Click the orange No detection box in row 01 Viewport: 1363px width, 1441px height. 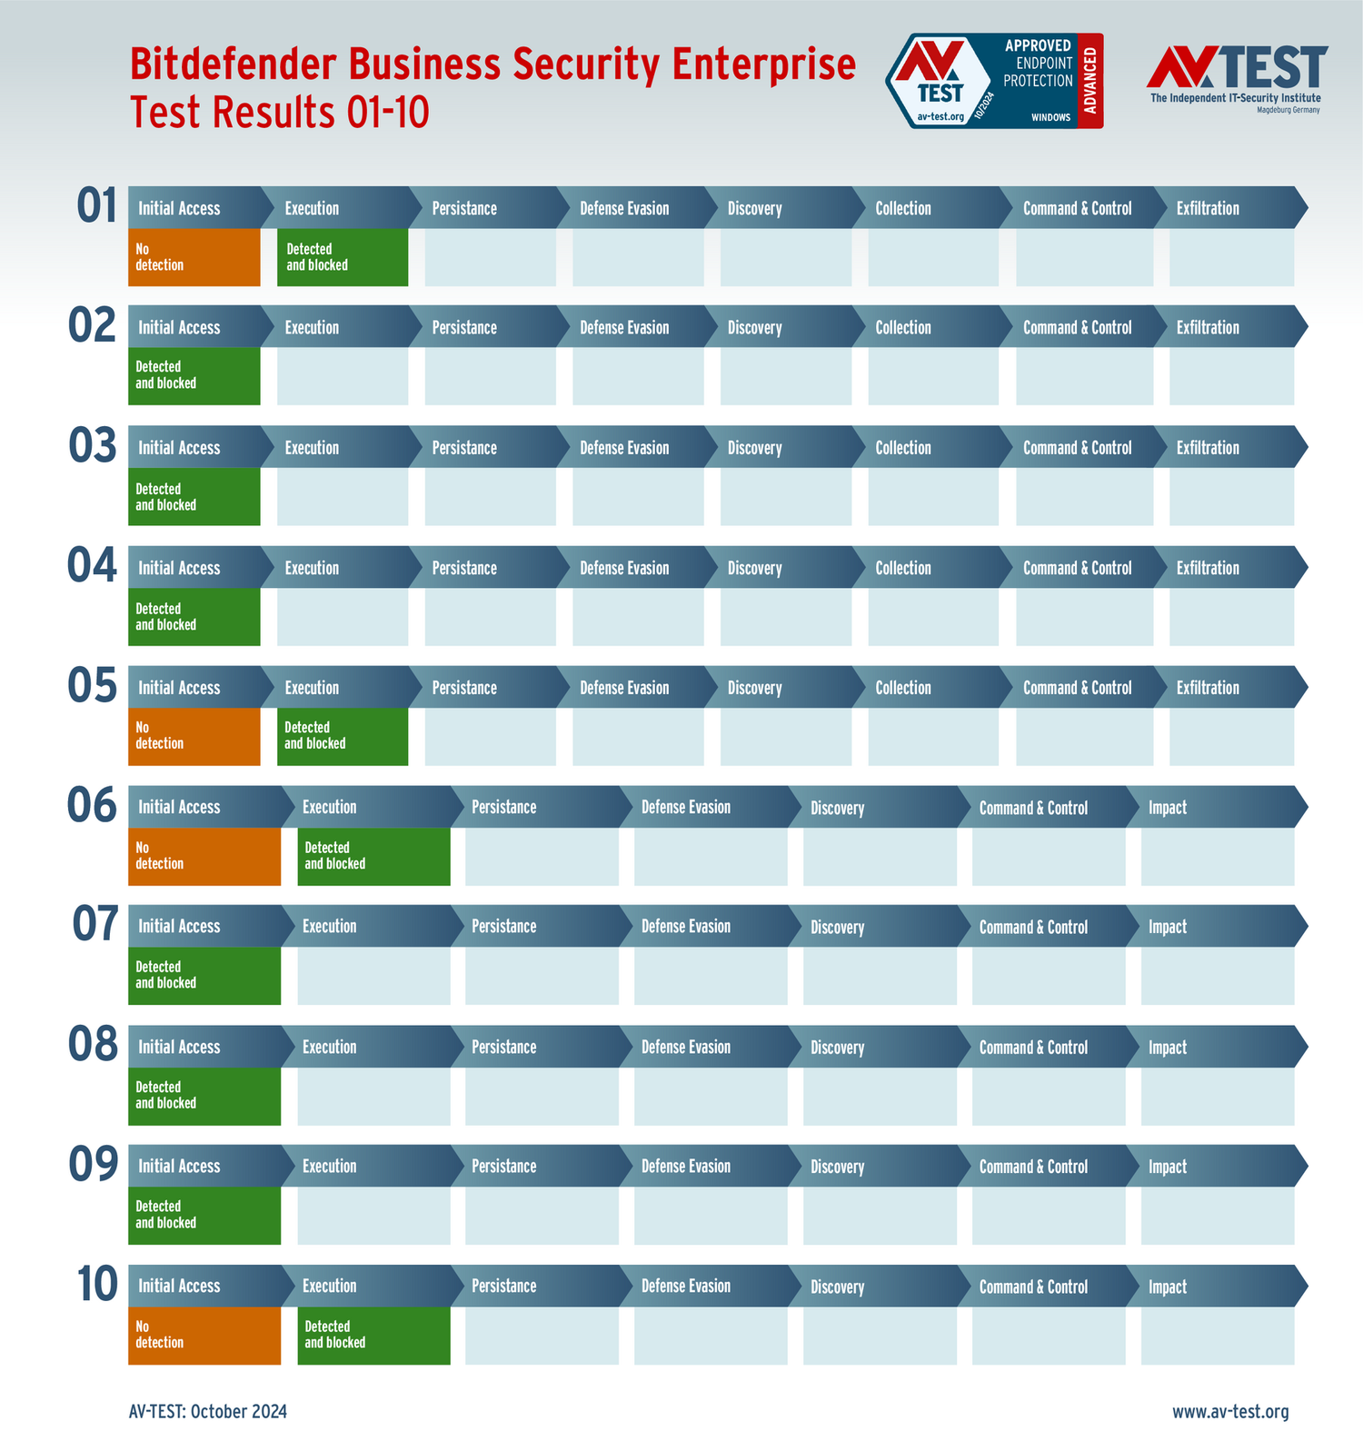194,257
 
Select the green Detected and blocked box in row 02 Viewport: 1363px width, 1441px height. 194,375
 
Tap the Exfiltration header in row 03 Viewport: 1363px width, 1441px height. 1208,448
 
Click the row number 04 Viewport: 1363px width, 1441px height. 93,566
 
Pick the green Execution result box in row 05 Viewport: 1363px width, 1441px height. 342,736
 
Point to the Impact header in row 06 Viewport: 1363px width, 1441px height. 1168,808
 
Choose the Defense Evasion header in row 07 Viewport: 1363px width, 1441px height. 686,927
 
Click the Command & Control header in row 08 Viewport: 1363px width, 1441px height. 1033,1048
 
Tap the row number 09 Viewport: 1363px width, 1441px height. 94,1165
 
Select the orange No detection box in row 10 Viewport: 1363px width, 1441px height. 204,1335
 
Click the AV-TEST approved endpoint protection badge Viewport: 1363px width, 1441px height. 994,81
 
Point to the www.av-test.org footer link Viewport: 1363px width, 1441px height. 1229,1412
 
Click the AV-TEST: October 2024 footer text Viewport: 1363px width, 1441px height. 208,1412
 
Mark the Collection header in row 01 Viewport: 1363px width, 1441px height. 903,209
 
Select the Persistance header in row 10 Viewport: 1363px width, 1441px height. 504,1287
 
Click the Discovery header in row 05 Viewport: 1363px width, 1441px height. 754,689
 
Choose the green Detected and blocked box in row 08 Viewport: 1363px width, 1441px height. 204,1095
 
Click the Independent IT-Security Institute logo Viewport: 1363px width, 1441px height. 1236,79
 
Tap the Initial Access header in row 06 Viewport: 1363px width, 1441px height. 179,808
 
